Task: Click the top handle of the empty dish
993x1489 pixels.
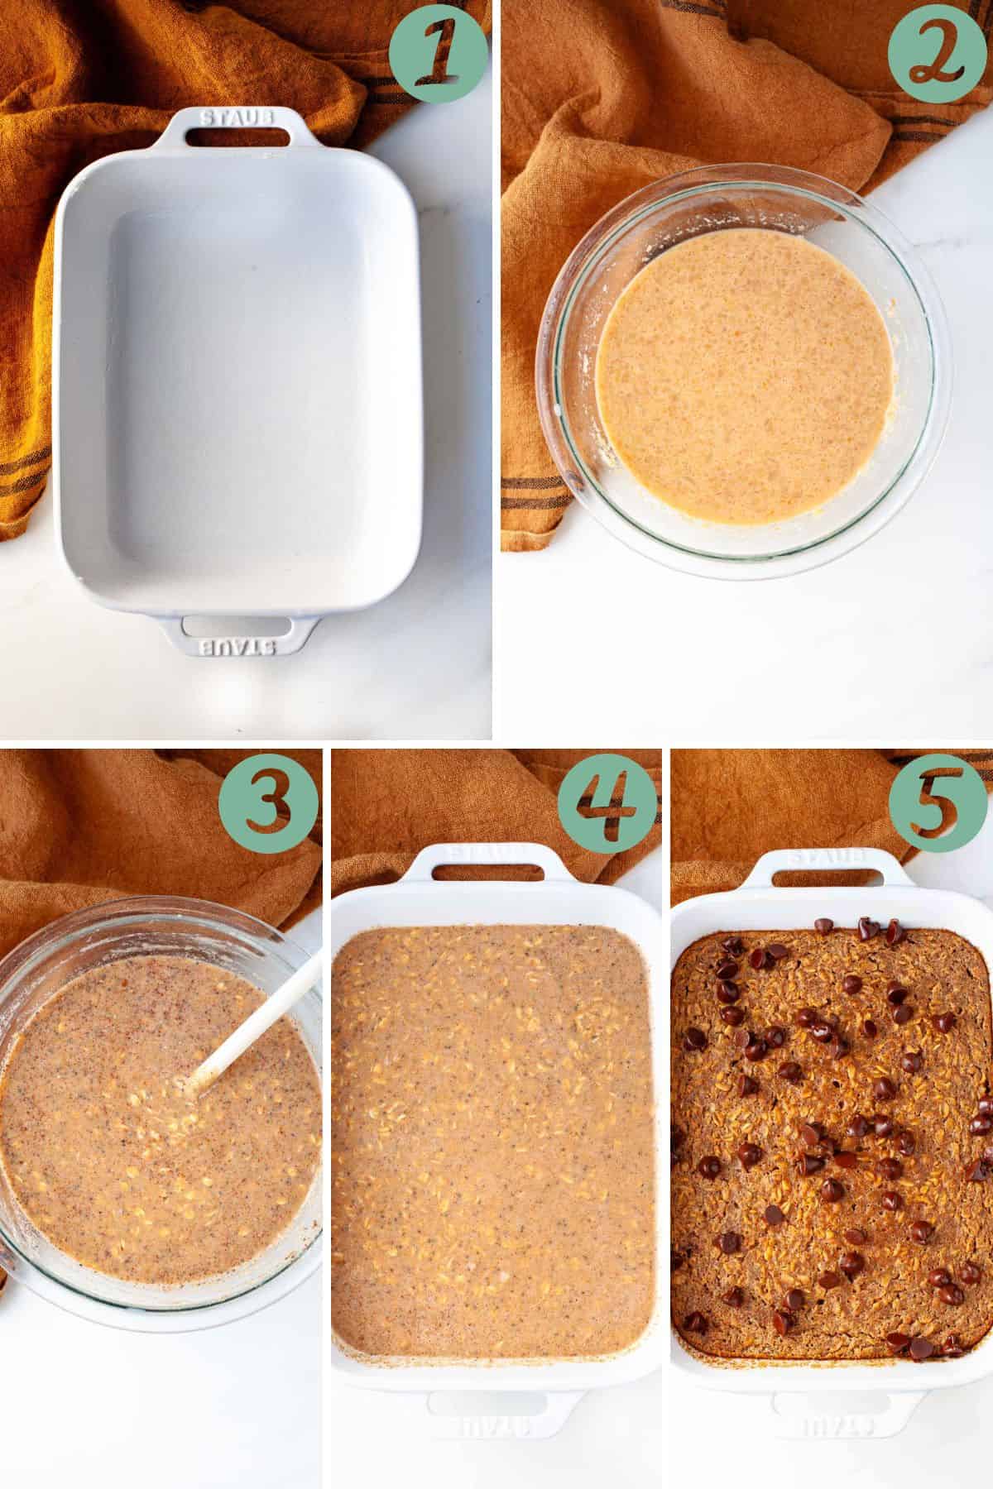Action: coord(237,123)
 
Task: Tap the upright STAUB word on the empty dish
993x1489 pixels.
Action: coord(237,117)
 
